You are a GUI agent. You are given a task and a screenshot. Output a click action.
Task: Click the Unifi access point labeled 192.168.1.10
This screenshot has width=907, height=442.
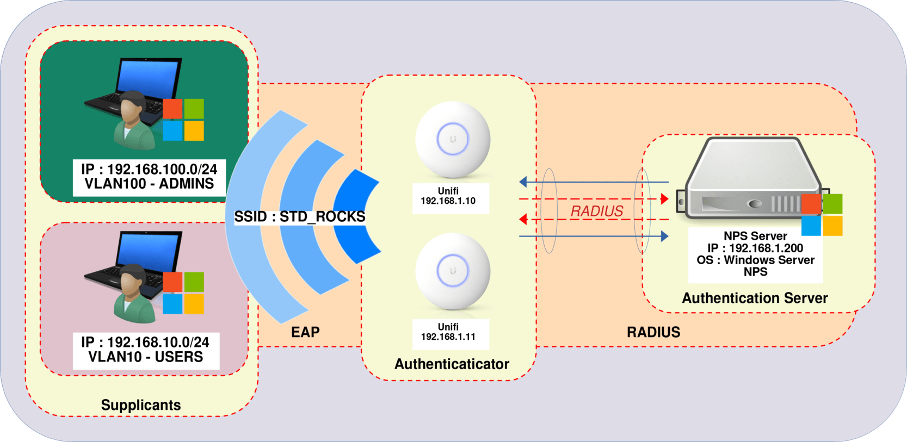point(453,139)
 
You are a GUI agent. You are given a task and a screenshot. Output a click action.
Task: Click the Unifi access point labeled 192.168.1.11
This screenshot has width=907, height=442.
point(453,271)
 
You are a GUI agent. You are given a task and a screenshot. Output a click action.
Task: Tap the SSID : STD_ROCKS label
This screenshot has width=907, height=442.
point(300,216)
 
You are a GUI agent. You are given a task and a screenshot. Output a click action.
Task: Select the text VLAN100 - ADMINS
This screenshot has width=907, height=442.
point(149,184)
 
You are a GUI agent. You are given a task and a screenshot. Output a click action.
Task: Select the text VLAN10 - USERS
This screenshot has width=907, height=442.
point(146,357)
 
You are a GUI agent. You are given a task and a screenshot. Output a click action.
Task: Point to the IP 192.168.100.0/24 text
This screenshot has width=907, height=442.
point(149,169)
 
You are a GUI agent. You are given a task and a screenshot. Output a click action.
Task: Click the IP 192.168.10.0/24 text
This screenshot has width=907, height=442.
point(145,342)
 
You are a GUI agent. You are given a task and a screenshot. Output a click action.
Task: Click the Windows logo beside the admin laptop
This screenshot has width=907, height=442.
point(183,120)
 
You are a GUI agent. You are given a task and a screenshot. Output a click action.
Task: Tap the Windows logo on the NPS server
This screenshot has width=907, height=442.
point(822,215)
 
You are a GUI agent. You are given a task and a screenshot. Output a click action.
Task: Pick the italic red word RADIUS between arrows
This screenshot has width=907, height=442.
point(597,211)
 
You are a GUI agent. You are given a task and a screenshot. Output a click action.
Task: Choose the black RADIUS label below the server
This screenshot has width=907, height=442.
point(653,332)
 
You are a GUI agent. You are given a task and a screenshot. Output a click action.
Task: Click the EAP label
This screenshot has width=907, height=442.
point(305,332)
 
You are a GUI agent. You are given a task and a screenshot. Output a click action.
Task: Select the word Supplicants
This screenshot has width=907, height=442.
point(141,405)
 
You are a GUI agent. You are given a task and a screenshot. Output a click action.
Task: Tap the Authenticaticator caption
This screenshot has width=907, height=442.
point(452,364)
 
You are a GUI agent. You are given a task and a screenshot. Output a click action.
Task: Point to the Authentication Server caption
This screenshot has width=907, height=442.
point(755,298)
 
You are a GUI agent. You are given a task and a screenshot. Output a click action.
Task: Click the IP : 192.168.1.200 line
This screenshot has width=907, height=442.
point(755,248)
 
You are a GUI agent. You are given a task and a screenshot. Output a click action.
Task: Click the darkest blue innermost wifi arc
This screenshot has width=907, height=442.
point(356,216)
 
